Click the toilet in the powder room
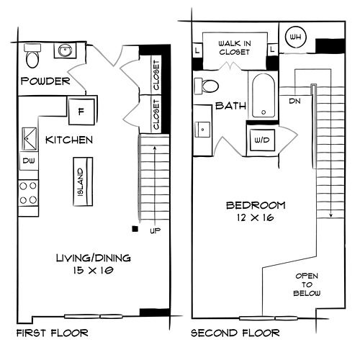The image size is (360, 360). [32, 55]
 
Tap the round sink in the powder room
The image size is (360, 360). [65, 50]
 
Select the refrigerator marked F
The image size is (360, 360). [81, 112]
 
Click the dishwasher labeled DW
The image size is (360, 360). [29, 161]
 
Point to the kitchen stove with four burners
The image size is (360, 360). [28, 193]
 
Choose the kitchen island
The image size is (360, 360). [83, 181]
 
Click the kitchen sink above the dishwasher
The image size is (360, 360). [30, 139]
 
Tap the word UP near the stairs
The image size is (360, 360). [156, 231]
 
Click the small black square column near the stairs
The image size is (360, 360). [135, 229]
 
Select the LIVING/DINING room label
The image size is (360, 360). [94, 258]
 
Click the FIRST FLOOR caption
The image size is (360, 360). [53, 333]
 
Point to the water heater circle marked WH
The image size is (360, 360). [296, 37]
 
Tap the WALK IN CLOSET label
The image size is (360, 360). [235, 48]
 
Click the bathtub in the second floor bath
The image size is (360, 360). [264, 96]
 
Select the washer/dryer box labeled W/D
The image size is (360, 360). [262, 140]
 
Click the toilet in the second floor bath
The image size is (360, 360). [206, 86]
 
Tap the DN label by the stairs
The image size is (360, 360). [294, 101]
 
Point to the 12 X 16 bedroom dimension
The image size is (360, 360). [255, 217]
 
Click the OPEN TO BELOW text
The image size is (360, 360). [307, 284]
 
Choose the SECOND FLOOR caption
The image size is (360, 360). [235, 333]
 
